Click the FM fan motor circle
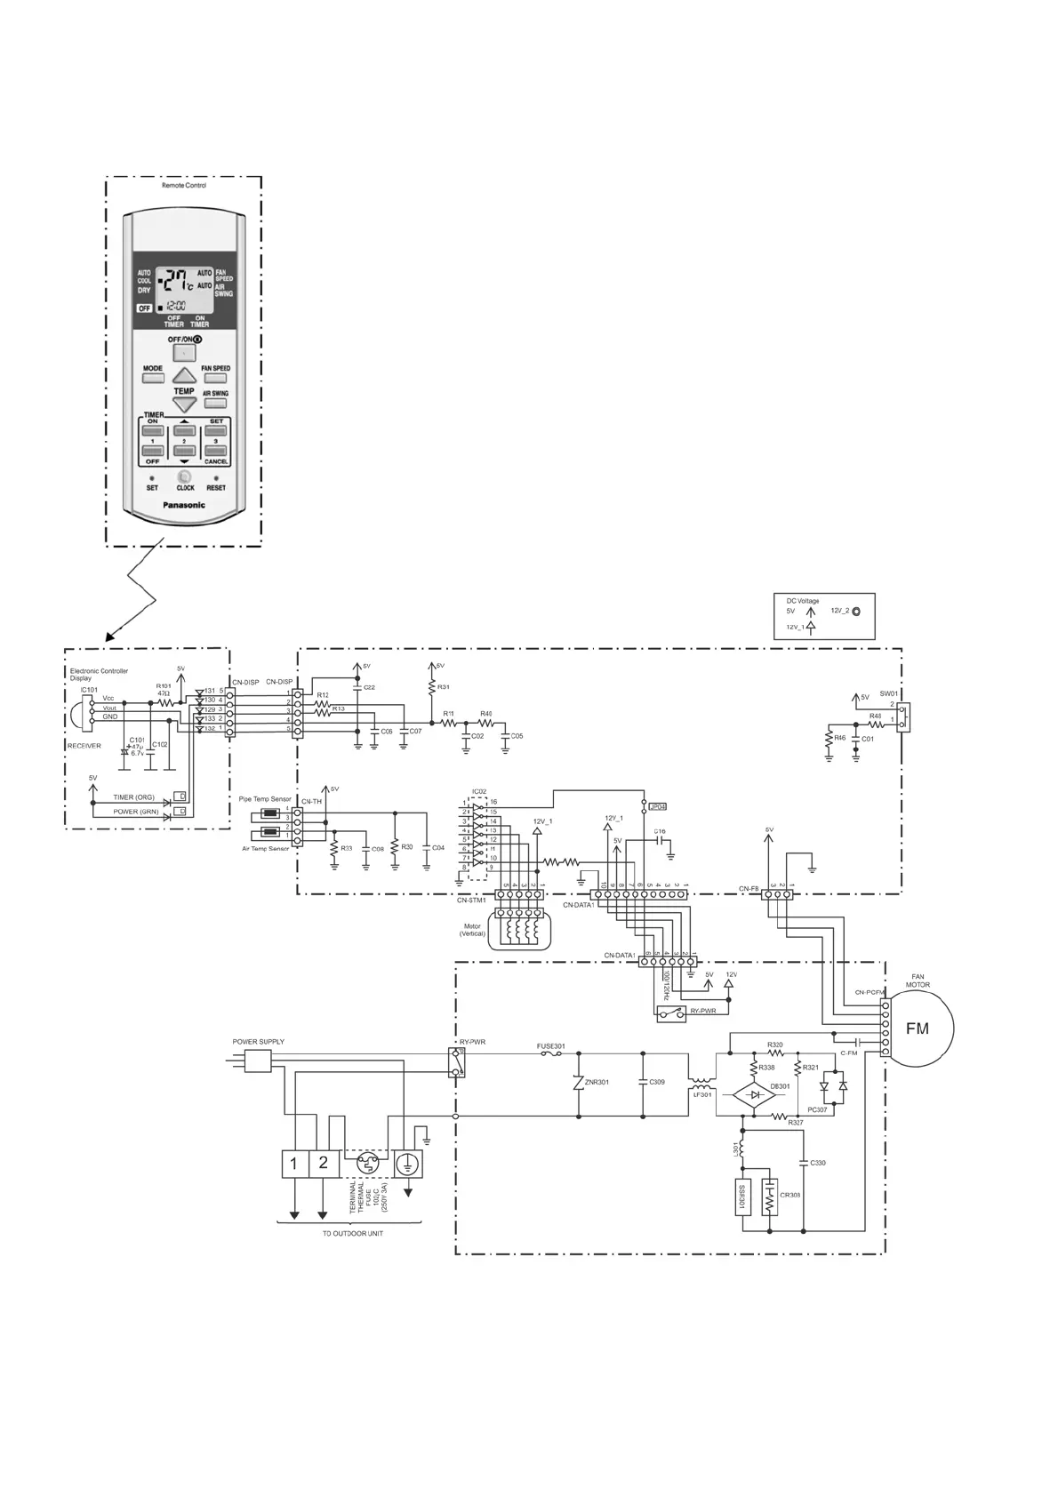918,1029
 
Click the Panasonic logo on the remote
184,505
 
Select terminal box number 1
293,1163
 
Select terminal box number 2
324,1163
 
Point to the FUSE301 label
551,1046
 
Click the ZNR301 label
597,1082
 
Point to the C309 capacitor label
657,1082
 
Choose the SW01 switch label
888,693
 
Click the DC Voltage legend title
803,601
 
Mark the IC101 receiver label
89,690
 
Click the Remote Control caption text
184,186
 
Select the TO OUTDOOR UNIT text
353,1234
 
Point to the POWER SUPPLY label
259,1042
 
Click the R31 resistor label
444,687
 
